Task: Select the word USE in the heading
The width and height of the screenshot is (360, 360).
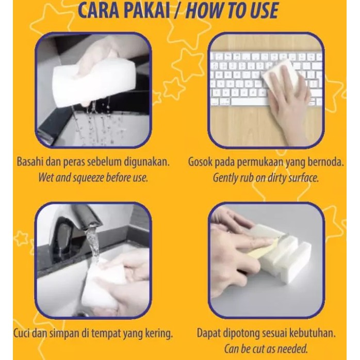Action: pyautogui.click(x=262, y=10)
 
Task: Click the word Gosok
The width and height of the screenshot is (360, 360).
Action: pyautogui.click(x=200, y=162)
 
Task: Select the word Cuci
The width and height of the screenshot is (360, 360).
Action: pyautogui.click(x=22, y=333)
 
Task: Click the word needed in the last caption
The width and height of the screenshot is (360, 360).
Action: pyautogui.click(x=293, y=349)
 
